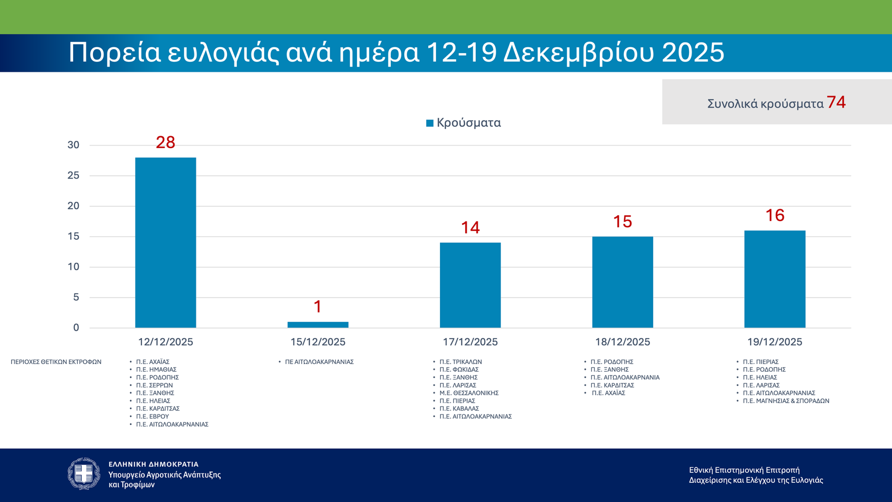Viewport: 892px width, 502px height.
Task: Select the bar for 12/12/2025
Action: (166, 242)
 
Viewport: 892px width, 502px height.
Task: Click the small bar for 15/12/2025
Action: (318, 325)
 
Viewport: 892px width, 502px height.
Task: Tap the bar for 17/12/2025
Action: (470, 285)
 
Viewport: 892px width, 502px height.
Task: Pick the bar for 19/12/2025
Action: (774, 279)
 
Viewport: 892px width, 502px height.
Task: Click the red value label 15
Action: (622, 222)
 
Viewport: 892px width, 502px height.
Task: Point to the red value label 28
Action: (166, 142)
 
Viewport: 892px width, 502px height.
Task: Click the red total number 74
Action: (836, 102)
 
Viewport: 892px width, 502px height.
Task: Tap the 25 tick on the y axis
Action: (74, 176)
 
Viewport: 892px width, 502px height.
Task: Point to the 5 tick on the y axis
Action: (76, 297)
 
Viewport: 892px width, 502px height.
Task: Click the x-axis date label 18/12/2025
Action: (622, 342)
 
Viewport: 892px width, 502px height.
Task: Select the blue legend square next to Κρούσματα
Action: (429, 123)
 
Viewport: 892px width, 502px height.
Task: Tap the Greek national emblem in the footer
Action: (84, 474)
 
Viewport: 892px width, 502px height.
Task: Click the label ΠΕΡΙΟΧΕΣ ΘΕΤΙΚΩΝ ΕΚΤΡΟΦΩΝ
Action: (56, 362)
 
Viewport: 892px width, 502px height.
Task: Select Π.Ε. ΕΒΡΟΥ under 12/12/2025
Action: (152, 417)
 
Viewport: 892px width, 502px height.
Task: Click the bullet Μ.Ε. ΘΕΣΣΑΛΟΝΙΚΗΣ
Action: (469, 393)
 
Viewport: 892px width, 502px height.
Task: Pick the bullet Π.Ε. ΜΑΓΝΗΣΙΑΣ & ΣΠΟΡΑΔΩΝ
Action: (786, 401)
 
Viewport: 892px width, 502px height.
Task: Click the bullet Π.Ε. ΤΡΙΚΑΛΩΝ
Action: (460, 362)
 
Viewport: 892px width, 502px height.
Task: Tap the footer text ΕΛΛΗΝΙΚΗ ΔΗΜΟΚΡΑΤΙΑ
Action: (153, 465)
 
